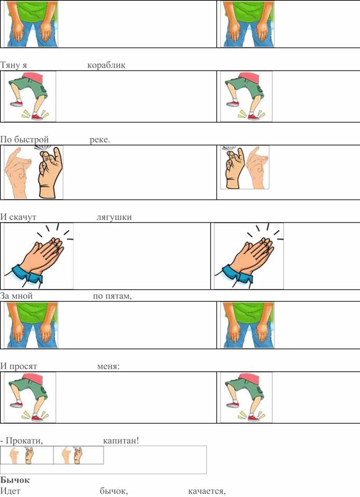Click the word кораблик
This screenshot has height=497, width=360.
[x=106, y=65]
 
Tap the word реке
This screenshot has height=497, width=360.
[x=100, y=139]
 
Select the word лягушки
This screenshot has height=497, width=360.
[x=114, y=217]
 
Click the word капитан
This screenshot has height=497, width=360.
[x=120, y=441]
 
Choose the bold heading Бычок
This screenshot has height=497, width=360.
[x=15, y=480]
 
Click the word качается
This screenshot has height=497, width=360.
[x=207, y=491]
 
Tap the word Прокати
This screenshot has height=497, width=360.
[x=24, y=441]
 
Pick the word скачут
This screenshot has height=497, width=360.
[x=22, y=217]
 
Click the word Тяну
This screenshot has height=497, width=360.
[x=10, y=65]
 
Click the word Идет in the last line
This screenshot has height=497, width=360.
[x=10, y=491]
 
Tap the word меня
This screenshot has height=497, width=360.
[x=108, y=366]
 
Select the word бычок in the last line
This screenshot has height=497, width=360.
[x=113, y=491]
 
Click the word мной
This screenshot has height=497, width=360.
[x=22, y=296]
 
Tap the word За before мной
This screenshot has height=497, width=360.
[x=5, y=296]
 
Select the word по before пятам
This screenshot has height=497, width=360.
[x=98, y=296]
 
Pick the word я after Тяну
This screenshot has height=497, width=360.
[x=24, y=66]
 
